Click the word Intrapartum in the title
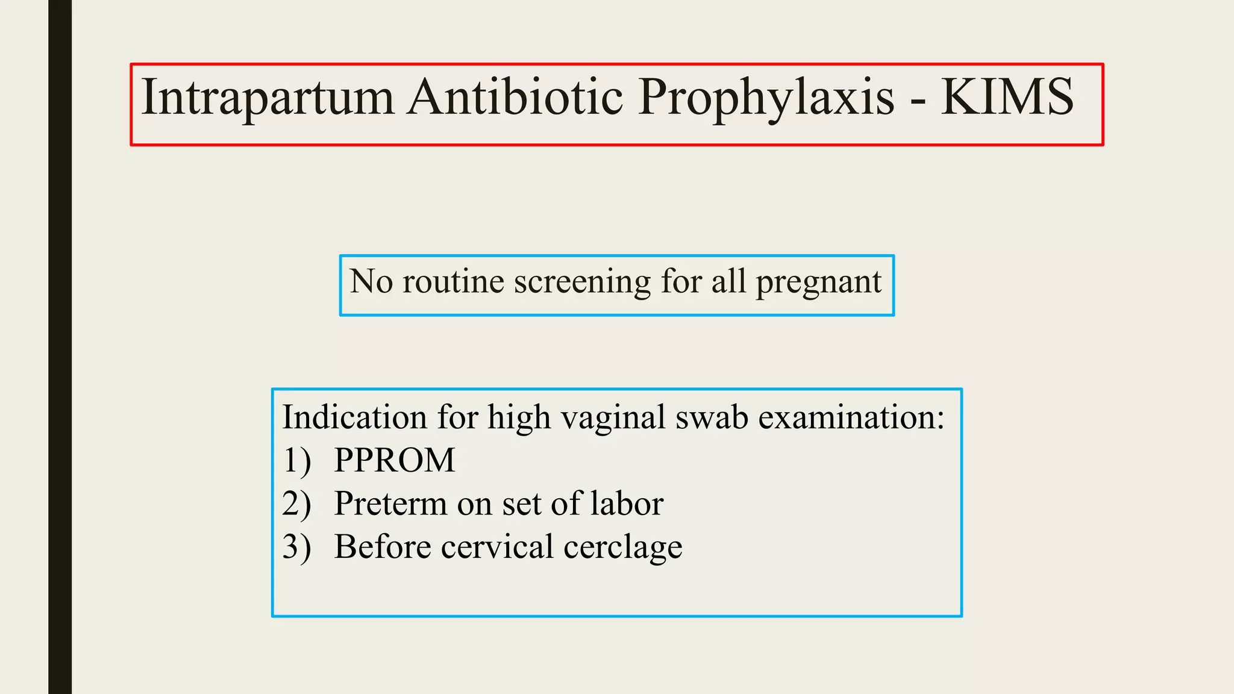tap(268, 98)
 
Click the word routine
tap(453, 281)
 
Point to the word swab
tap(712, 417)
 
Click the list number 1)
tap(296, 461)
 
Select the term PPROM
tap(395, 461)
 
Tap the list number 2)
tap(296, 504)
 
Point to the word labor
tap(627, 504)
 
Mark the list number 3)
tap(296, 548)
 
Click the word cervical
tap(497, 547)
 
